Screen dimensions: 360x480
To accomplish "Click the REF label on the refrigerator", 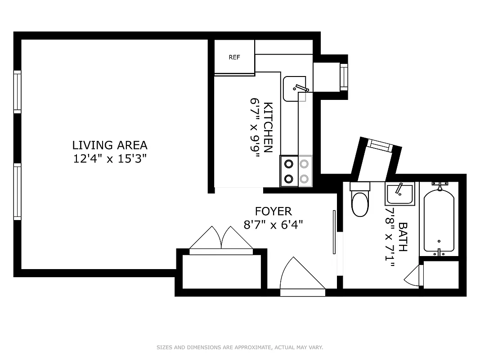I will click(234, 57).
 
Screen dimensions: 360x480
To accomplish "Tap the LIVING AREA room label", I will click(110, 145).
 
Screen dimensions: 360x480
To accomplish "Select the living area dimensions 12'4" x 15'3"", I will click(110, 159).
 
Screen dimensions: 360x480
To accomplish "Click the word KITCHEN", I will click(268, 128).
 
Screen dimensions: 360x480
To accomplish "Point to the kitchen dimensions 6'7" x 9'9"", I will click(255, 128).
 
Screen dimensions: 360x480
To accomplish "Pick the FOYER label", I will click(273, 211).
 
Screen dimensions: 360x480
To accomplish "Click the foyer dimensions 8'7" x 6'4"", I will click(273, 225).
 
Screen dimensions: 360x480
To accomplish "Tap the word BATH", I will click(403, 237).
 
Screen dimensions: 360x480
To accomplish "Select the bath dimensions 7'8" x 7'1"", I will click(390, 237).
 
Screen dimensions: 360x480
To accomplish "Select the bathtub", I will click(439, 220).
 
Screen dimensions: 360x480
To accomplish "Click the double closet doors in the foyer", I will click(221, 239).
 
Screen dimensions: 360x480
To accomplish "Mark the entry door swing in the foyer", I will click(299, 275).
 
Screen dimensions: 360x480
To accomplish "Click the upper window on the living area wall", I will click(17, 92).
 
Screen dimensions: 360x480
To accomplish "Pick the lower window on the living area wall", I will click(17, 192).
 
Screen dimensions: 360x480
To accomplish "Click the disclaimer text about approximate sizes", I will click(240, 347).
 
